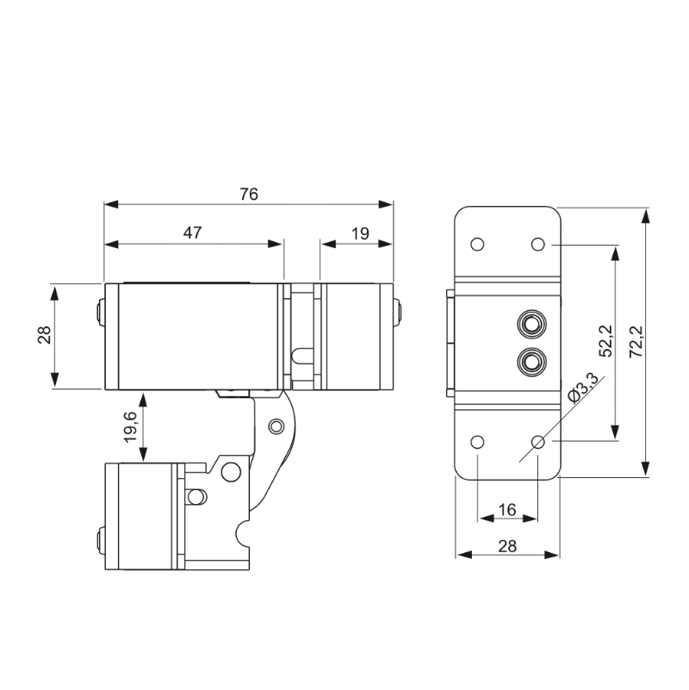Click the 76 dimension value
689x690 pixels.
coord(249,194)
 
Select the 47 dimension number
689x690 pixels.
coord(192,233)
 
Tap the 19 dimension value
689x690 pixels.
coord(360,233)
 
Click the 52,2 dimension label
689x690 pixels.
coord(605,340)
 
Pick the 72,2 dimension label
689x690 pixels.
coord(636,341)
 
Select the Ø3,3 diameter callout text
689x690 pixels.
coord(583,388)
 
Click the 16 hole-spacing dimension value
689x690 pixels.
coord(507,510)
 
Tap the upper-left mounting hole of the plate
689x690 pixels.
coord(477,245)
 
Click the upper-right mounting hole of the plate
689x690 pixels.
coord(538,245)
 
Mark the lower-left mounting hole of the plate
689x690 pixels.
coord(477,442)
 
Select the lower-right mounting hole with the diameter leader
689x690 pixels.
coord(538,442)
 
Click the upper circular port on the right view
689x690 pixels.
coord(531,324)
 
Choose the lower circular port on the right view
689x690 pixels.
coord(531,362)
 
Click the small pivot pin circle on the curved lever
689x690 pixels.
coord(276,426)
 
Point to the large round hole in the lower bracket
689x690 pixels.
coord(231,472)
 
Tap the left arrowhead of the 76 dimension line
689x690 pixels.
coord(111,205)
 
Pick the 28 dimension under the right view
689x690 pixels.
coord(507,546)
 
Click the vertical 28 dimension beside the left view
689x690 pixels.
coord(45,335)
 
